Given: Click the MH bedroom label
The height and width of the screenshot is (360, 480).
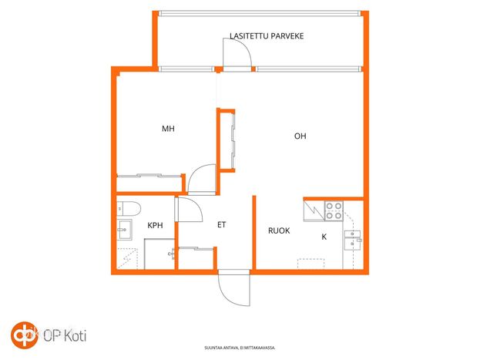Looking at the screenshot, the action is click(168, 129).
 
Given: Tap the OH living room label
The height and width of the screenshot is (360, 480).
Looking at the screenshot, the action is click(300, 136).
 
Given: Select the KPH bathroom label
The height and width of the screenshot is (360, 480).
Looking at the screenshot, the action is click(155, 226).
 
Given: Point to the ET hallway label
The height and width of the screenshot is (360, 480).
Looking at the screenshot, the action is click(222, 225).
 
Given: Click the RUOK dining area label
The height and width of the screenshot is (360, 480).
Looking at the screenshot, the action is click(279, 230).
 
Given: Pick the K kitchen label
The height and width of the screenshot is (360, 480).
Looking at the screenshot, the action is click(324, 237).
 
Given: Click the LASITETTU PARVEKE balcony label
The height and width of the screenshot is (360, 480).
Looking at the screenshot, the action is click(267, 36).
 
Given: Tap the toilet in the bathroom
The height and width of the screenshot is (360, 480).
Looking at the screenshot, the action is click(129, 209).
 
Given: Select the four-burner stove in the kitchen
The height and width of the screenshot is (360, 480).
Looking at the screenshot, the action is click(334, 210).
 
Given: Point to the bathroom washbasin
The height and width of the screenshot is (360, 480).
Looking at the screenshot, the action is click(124, 230).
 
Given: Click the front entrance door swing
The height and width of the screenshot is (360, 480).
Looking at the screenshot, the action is click(234, 288).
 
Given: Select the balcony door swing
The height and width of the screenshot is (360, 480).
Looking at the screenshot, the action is click(237, 53).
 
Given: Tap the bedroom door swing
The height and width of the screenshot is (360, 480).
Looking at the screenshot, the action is click(202, 180).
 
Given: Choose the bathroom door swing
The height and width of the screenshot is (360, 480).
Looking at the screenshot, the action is click(189, 210).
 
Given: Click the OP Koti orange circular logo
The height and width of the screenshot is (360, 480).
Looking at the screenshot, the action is click(25, 335).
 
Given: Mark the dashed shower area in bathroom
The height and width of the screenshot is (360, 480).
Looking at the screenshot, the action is click(127, 259).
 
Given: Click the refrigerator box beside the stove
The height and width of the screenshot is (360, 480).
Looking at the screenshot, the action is click(314, 210).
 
